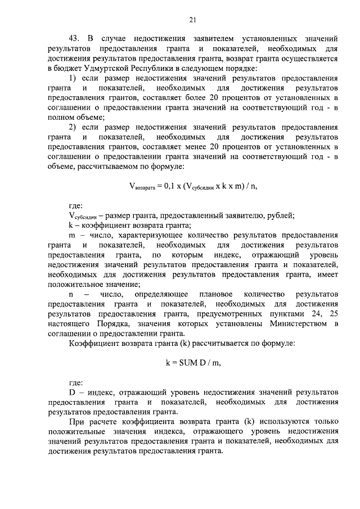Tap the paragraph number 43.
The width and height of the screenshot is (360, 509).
[x=74, y=39]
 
